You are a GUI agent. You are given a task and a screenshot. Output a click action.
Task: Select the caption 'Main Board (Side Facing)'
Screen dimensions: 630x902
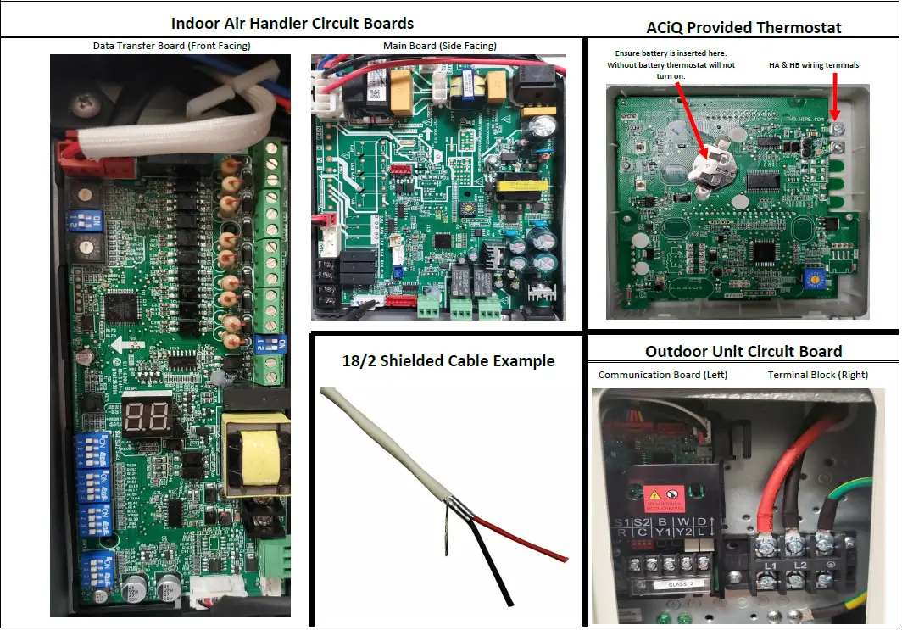point(439,46)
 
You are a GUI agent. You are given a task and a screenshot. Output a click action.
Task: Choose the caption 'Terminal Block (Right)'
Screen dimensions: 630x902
point(817,374)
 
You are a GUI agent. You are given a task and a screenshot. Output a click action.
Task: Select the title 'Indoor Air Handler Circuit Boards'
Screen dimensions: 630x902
point(292,23)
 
